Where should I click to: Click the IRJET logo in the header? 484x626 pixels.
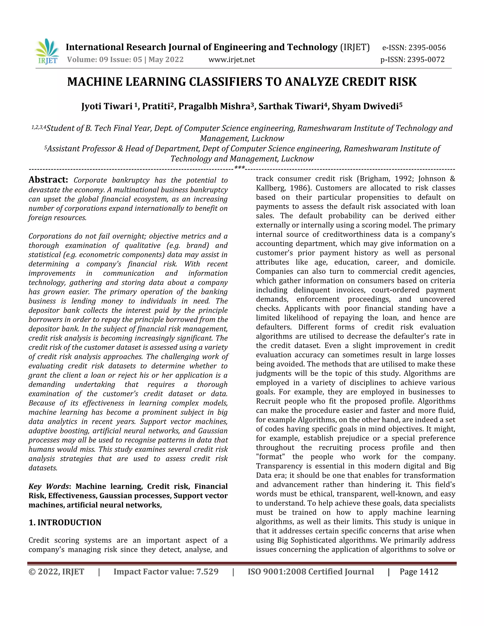pyautogui.click(x=47, y=51)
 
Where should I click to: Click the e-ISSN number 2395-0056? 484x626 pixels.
pyautogui.click(x=427, y=47)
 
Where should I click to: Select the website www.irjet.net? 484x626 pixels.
pyautogui.click(x=231, y=60)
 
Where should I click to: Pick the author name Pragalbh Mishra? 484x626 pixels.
pyautogui.click(x=214, y=106)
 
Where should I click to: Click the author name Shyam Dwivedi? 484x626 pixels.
pyautogui.click(x=365, y=106)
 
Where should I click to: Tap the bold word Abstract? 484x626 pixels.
pyautogui.click(x=48, y=180)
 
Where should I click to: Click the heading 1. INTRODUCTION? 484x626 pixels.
pyautogui.click(x=65, y=522)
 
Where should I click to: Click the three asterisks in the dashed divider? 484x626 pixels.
pyautogui.click(x=239, y=168)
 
